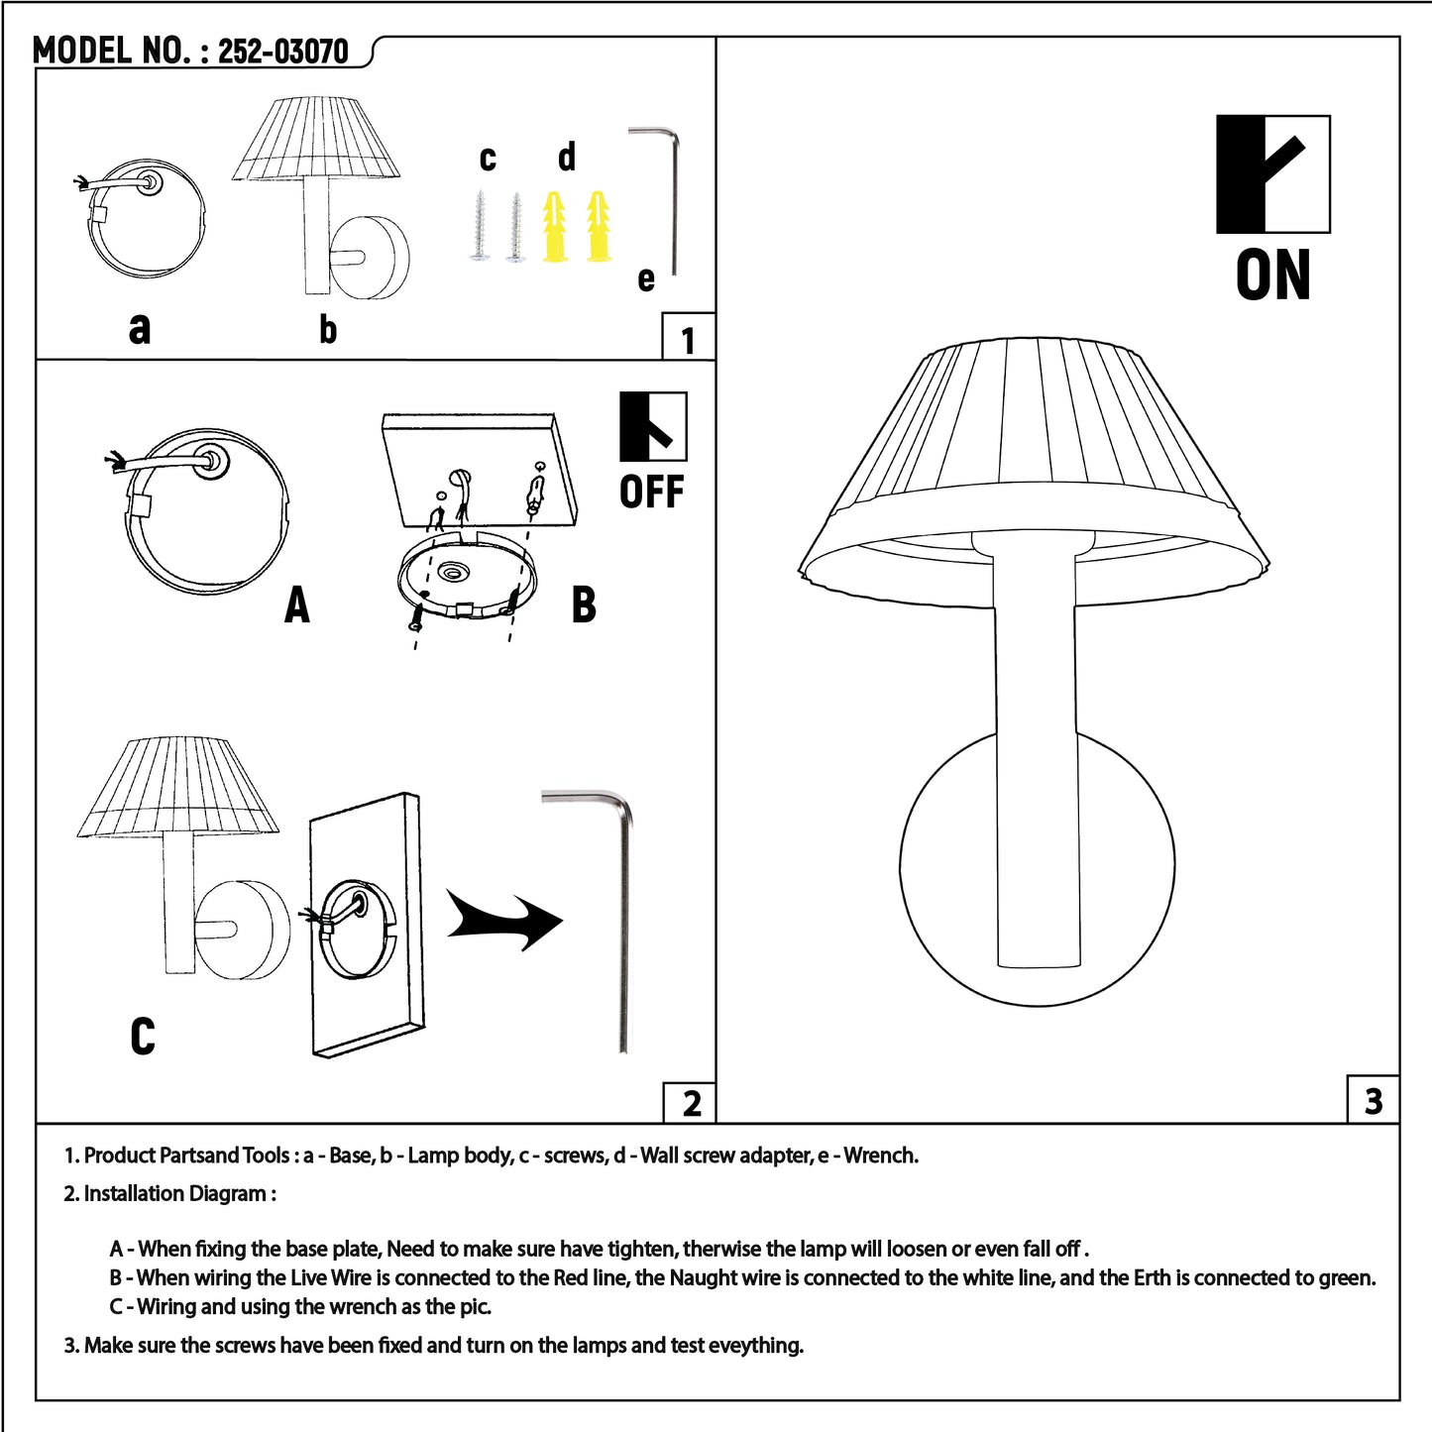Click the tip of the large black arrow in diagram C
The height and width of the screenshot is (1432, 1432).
coord(563,923)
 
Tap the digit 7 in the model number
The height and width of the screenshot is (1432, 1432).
coord(318,52)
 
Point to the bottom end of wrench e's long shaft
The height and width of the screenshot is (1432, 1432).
coord(675,274)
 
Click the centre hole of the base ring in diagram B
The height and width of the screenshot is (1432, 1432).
coord(451,572)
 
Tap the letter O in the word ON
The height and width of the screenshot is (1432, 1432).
coord(1254,275)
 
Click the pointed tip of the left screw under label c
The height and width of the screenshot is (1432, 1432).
coord(481,191)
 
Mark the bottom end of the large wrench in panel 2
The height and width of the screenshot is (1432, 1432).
coord(623,1050)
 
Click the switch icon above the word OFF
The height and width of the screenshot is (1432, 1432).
coord(653,426)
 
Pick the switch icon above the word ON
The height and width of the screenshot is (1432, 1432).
coord(1273,174)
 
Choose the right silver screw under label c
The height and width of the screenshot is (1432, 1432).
coord(515,227)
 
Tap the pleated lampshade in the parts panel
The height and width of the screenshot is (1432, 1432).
coord(317,138)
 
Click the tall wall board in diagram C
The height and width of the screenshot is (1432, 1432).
coord(367,925)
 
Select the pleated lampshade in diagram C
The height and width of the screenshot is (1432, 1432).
coord(178,787)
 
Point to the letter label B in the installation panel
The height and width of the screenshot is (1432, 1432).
coord(584,605)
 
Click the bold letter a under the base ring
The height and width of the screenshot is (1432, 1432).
coord(139,328)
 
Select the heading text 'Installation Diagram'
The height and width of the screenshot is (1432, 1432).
coord(175,1193)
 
